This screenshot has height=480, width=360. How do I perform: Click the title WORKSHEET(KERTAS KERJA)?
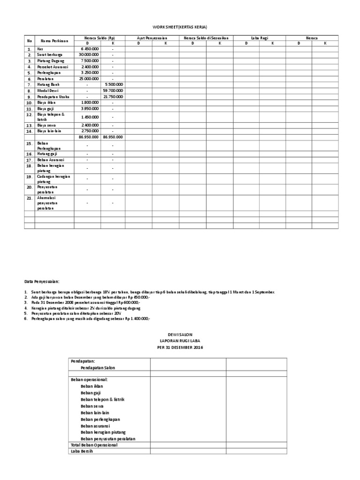pyautogui.click(x=180, y=27)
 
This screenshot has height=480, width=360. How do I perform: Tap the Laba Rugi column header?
pyautogui.click(x=259, y=37)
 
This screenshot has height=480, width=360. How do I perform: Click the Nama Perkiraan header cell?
pyautogui.click(x=54, y=41)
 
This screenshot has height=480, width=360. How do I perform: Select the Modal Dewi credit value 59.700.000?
pyautogui.click(x=112, y=90)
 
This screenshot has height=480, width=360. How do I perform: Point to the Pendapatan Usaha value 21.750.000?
pyautogui.click(x=112, y=97)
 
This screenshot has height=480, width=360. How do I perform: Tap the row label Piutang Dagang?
pyautogui.click(x=51, y=61)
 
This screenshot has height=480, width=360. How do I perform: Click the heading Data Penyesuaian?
pyautogui.click(x=42, y=281)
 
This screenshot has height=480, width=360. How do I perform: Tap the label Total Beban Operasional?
pyautogui.click(x=94, y=445)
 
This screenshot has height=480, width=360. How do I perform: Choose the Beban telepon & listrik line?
pyautogui.click(x=103, y=399)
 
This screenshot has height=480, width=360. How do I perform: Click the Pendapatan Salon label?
pyautogui.click(x=98, y=368)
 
